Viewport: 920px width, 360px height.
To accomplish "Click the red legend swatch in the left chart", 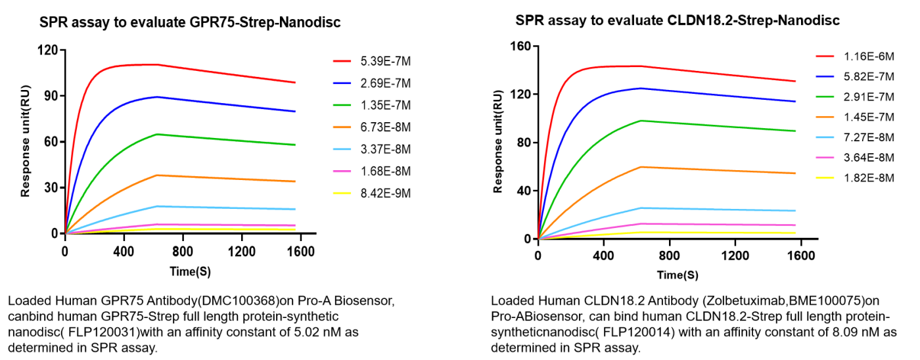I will pos(342,61).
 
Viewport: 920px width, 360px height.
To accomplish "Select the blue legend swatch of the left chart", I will pos(342,83).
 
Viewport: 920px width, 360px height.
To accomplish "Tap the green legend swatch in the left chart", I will pos(342,105).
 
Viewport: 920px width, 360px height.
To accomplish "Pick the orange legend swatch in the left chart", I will pos(342,127).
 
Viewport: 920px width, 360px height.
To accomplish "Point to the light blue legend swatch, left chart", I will pos(342,149).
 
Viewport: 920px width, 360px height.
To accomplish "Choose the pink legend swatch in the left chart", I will pos(342,171).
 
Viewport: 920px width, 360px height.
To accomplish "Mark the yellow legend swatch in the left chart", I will pos(342,193).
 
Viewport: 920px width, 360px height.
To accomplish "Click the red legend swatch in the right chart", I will pos(825,56).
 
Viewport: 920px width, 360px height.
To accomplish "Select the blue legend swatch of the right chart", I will pos(825,76).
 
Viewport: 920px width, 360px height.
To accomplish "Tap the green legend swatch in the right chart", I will pos(825,97).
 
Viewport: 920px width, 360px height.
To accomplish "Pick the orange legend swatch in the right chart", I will pos(825,117).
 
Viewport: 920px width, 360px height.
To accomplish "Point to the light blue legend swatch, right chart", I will pos(825,137).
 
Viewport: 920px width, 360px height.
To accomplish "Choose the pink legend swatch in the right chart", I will pos(825,158).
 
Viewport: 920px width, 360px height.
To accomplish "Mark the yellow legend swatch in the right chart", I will pos(825,178).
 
